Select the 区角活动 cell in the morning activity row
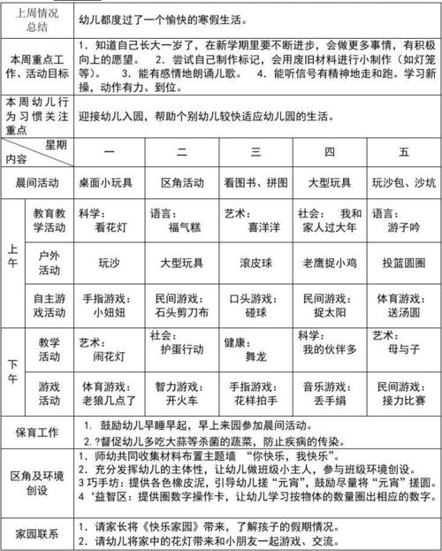183,184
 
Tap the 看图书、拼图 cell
255,184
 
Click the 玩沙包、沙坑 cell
404,184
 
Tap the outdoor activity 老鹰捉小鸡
330,263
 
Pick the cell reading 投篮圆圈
404,263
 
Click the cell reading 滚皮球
256,263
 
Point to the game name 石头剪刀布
183,312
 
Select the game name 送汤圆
404,312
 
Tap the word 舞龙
256,351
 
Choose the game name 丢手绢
330,399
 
